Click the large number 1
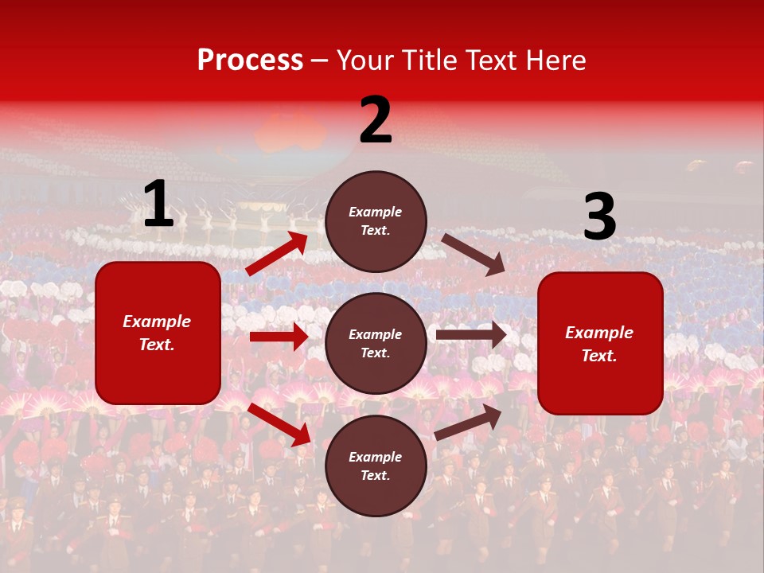click(x=158, y=205)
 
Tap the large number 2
click(x=376, y=120)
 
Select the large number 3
click(x=599, y=217)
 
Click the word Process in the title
click(x=250, y=60)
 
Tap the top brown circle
click(x=376, y=221)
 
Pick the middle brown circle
click(x=376, y=344)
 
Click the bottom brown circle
click(x=376, y=466)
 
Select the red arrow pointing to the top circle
click(x=277, y=253)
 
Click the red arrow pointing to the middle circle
click(x=279, y=337)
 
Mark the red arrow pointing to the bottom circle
click(x=279, y=423)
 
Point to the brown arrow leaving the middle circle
click(x=471, y=335)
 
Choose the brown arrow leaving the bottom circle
click(x=468, y=422)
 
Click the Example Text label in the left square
click(x=157, y=333)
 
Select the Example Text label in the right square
click(x=599, y=344)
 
